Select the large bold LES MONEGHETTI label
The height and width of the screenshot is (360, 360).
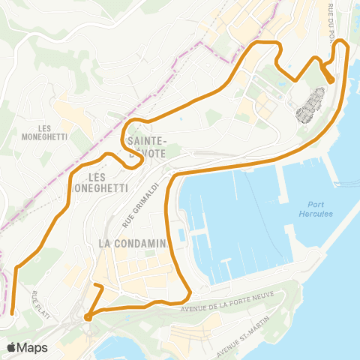[104, 182]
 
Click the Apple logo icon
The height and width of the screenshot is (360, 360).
[12, 347]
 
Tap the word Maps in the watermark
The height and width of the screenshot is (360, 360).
[31, 347]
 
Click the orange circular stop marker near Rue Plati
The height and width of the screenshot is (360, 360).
[88, 316]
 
